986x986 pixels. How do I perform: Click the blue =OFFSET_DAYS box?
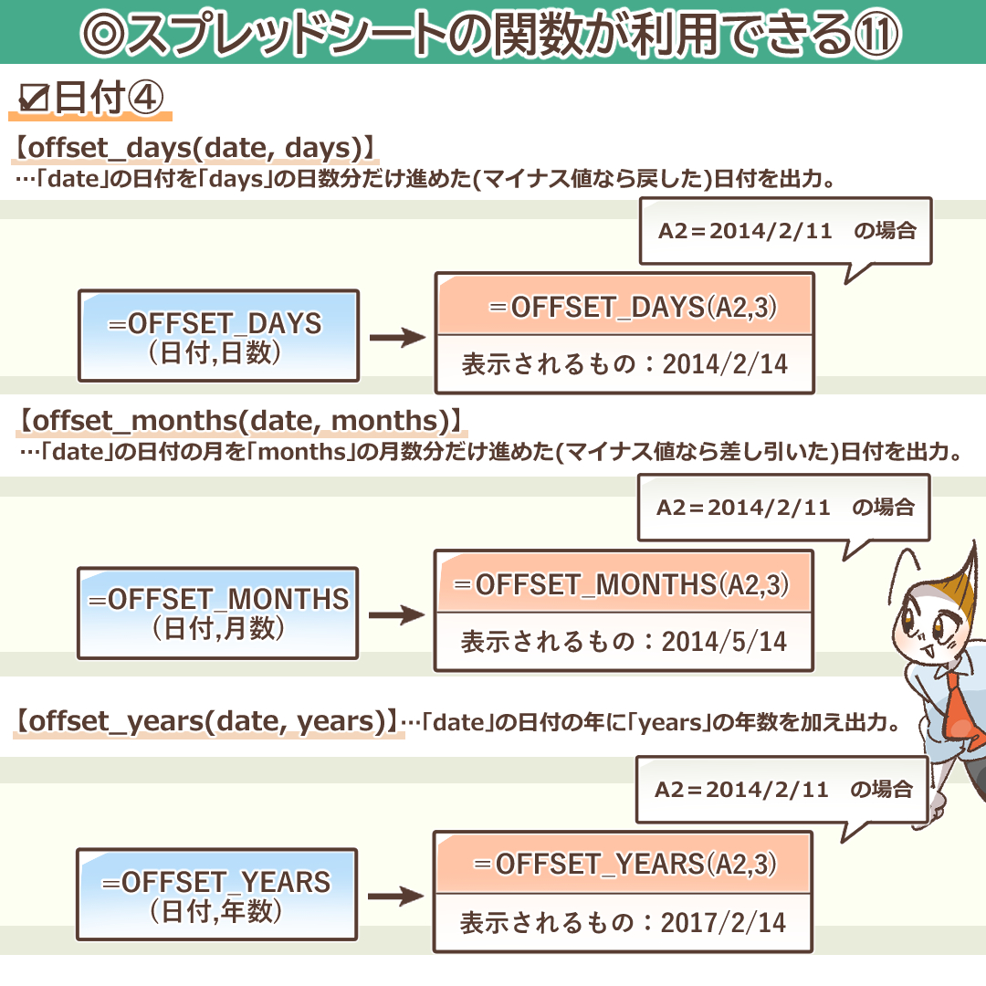[x=218, y=335]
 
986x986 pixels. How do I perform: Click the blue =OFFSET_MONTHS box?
[x=218, y=613]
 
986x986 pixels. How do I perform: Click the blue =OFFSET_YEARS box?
[x=216, y=894]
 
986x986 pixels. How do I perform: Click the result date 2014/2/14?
[x=725, y=364]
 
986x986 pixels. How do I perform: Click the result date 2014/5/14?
[x=724, y=642]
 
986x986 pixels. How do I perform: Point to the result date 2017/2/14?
[x=723, y=923]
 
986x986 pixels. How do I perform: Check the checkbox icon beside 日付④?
[x=33, y=100]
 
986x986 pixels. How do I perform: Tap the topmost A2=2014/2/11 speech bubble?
[x=785, y=231]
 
